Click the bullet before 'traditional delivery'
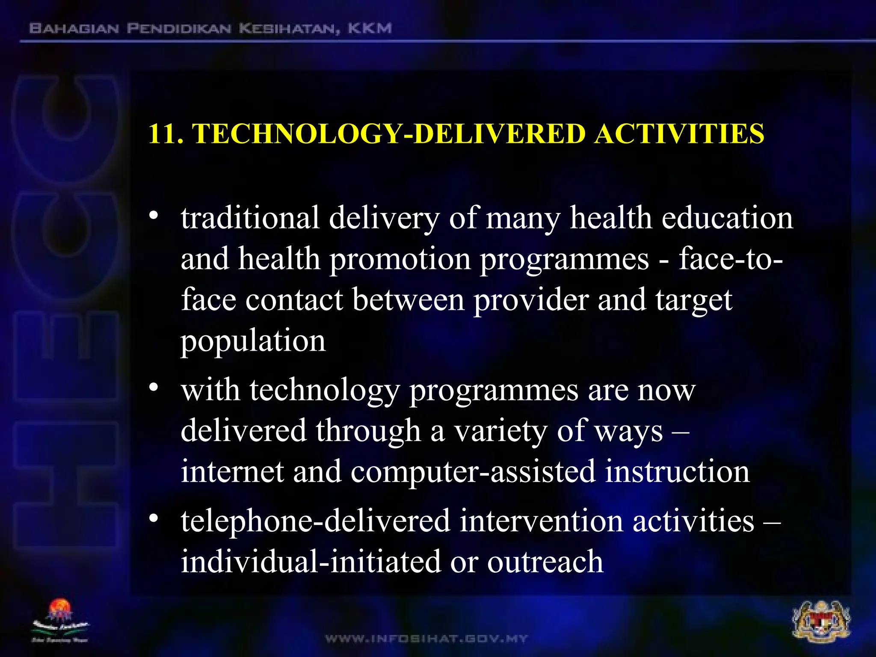[x=154, y=215]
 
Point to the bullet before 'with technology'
[x=154, y=388]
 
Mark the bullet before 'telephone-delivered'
[x=154, y=518]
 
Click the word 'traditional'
[x=250, y=218]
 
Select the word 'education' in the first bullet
[x=727, y=218]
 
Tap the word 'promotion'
[x=400, y=259]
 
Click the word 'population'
[x=253, y=341]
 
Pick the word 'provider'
[x=531, y=300]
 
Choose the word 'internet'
[x=232, y=471]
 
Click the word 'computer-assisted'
[x=473, y=472]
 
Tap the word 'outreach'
[x=545, y=562]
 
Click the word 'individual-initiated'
[x=311, y=562]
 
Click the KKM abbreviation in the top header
[x=370, y=29]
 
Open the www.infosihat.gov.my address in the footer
[x=426, y=639]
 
